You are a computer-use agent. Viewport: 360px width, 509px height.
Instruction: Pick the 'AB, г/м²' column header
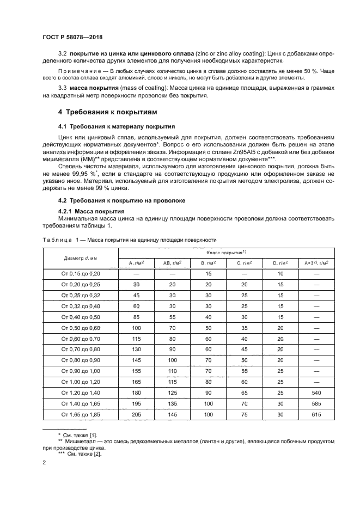click(x=172, y=263)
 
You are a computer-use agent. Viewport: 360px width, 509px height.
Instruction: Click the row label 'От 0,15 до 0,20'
click(x=81, y=274)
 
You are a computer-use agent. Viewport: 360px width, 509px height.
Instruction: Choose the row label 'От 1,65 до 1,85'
click(x=81, y=414)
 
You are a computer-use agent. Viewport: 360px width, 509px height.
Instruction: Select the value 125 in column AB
click(x=172, y=391)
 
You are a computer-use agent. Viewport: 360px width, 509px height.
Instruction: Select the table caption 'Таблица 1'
click(x=57, y=240)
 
